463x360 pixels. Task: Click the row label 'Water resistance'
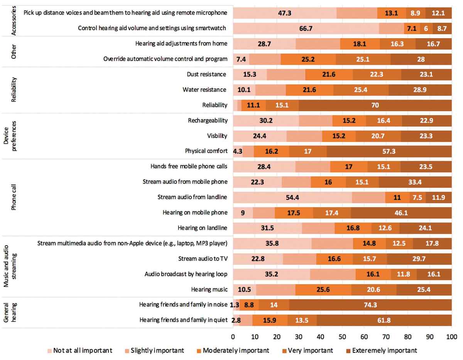click(204, 89)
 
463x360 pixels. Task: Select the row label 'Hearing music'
click(209, 289)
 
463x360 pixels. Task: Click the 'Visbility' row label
click(217, 136)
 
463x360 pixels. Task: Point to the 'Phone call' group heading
click(14, 197)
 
